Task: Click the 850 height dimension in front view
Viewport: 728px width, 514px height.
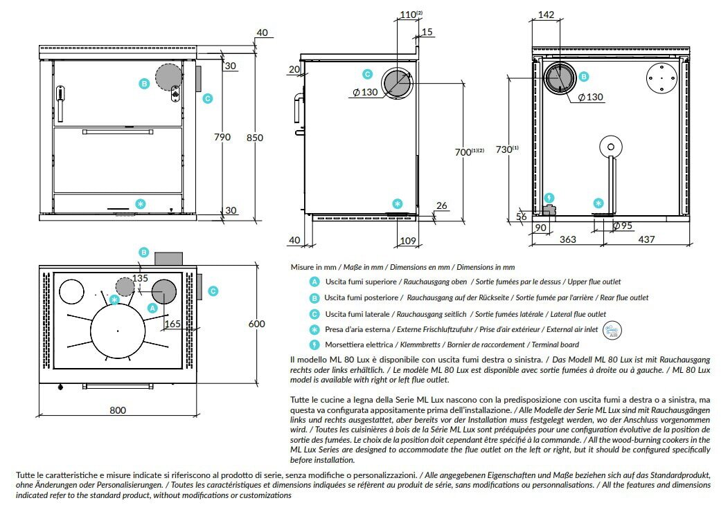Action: click(254, 138)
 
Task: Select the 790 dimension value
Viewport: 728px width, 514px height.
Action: click(222, 137)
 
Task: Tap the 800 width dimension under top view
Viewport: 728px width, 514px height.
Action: click(118, 410)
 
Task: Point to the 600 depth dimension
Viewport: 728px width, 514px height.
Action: click(257, 324)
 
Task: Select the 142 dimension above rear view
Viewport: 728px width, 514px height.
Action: click(547, 15)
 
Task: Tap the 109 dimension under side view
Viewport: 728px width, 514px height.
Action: click(408, 240)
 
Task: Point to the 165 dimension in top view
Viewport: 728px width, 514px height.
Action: click(173, 323)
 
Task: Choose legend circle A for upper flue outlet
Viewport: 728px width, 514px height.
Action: click(314, 282)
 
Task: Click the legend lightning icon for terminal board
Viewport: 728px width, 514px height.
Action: click(314, 345)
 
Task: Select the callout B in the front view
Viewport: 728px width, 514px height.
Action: click(144, 84)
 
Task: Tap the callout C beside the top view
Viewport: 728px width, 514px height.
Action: click(213, 291)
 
